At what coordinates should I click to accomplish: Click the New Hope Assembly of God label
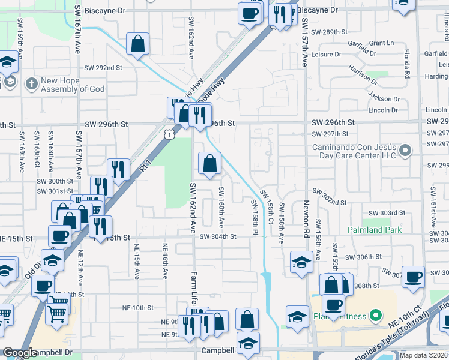pos(72,85)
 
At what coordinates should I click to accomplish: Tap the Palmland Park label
pos(374,230)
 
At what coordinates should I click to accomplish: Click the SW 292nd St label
pos(103,68)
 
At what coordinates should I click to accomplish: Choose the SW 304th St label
pos(218,236)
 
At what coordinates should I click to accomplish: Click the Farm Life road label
pos(194,289)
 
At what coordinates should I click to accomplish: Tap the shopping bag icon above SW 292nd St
pos(138,44)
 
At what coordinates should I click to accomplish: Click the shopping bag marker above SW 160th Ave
pos(209,163)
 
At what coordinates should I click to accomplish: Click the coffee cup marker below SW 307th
pos(413,277)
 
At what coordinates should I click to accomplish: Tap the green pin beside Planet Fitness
pos(376,314)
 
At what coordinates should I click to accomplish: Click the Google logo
pos(20,353)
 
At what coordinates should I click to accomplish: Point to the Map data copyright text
pos(424,355)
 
